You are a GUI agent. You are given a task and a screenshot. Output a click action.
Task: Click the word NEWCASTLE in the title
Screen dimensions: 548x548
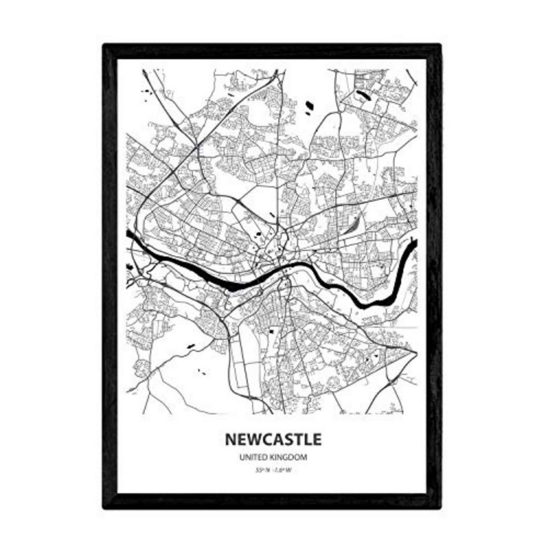tap(273, 440)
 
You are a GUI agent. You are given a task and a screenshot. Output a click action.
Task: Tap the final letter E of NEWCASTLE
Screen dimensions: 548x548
tap(316, 440)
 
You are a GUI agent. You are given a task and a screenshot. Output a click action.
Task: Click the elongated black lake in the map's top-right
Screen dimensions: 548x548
tap(364, 95)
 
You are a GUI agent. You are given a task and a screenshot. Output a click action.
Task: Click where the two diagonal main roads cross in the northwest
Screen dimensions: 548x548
tap(196, 147)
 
